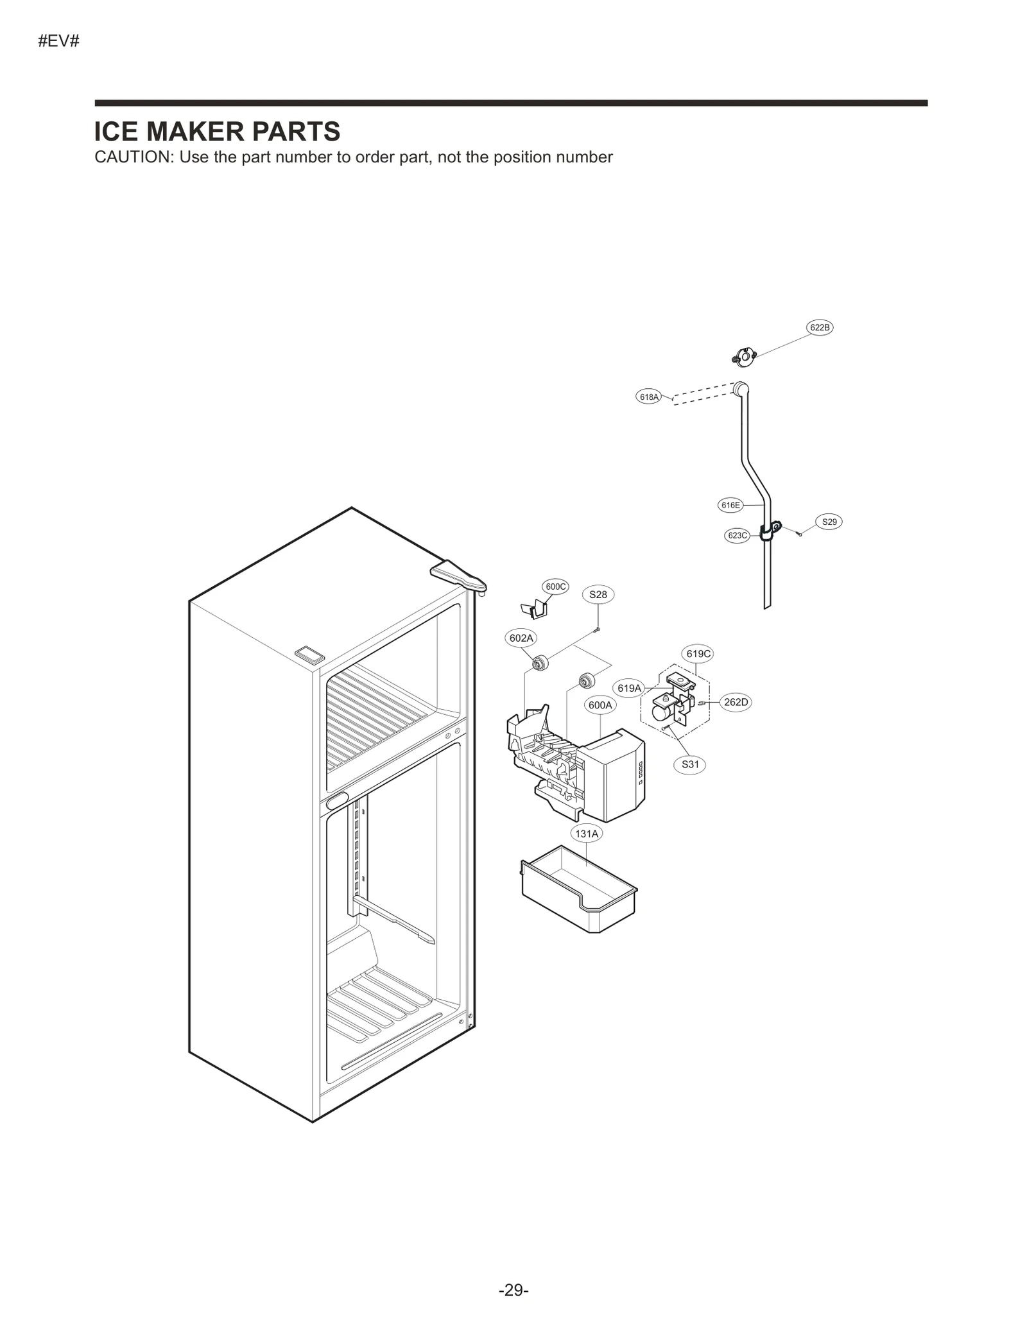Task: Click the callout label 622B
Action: click(x=820, y=327)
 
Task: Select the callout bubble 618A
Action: click(x=649, y=397)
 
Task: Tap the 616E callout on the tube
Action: click(x=730, y=505)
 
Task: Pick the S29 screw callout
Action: click(x=829, y=522)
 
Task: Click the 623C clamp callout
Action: click(x=737, y=535)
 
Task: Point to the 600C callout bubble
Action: click(x=555, y=587)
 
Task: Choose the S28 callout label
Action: click(x=598, y=594)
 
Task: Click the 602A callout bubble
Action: click(x=521, y=638)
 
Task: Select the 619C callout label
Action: click(x=698, y=654)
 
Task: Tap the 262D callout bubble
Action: click(x=736, y=702)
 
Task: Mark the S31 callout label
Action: click(x=690, y=764)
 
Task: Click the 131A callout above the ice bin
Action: click(x=586, y=834)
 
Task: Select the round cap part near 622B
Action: click(x=745, y=356)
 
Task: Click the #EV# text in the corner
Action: click(x=58, y=42)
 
